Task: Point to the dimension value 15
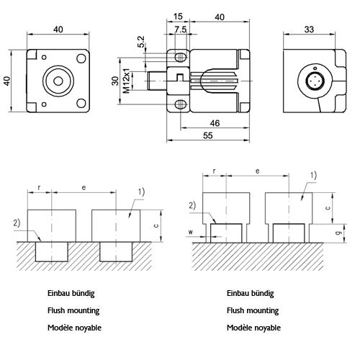pos(178,17)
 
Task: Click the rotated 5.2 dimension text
pos(140,44)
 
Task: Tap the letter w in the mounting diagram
pos(190,232)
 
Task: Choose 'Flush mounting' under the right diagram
pos(253,311)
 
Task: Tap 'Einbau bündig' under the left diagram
pos(71,294)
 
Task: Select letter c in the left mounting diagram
pos(166,225)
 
